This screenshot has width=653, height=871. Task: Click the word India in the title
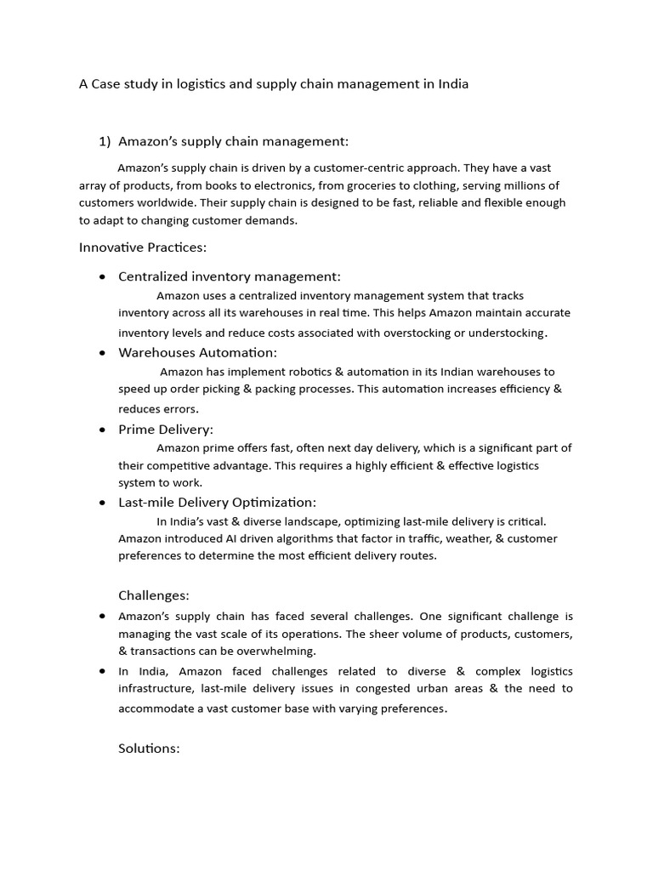point(451,84)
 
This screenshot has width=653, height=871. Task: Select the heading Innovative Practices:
point(143,248)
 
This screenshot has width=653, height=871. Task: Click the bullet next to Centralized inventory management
point(102,276)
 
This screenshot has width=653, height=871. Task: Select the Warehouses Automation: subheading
point(197,352)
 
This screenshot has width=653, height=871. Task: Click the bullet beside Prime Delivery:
point(102,430)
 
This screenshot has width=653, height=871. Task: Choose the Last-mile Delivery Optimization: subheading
point(217,503)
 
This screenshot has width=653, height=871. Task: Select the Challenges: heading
point(154,595)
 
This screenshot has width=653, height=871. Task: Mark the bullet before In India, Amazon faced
point(102,671)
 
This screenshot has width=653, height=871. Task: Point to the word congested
point(389,688)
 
